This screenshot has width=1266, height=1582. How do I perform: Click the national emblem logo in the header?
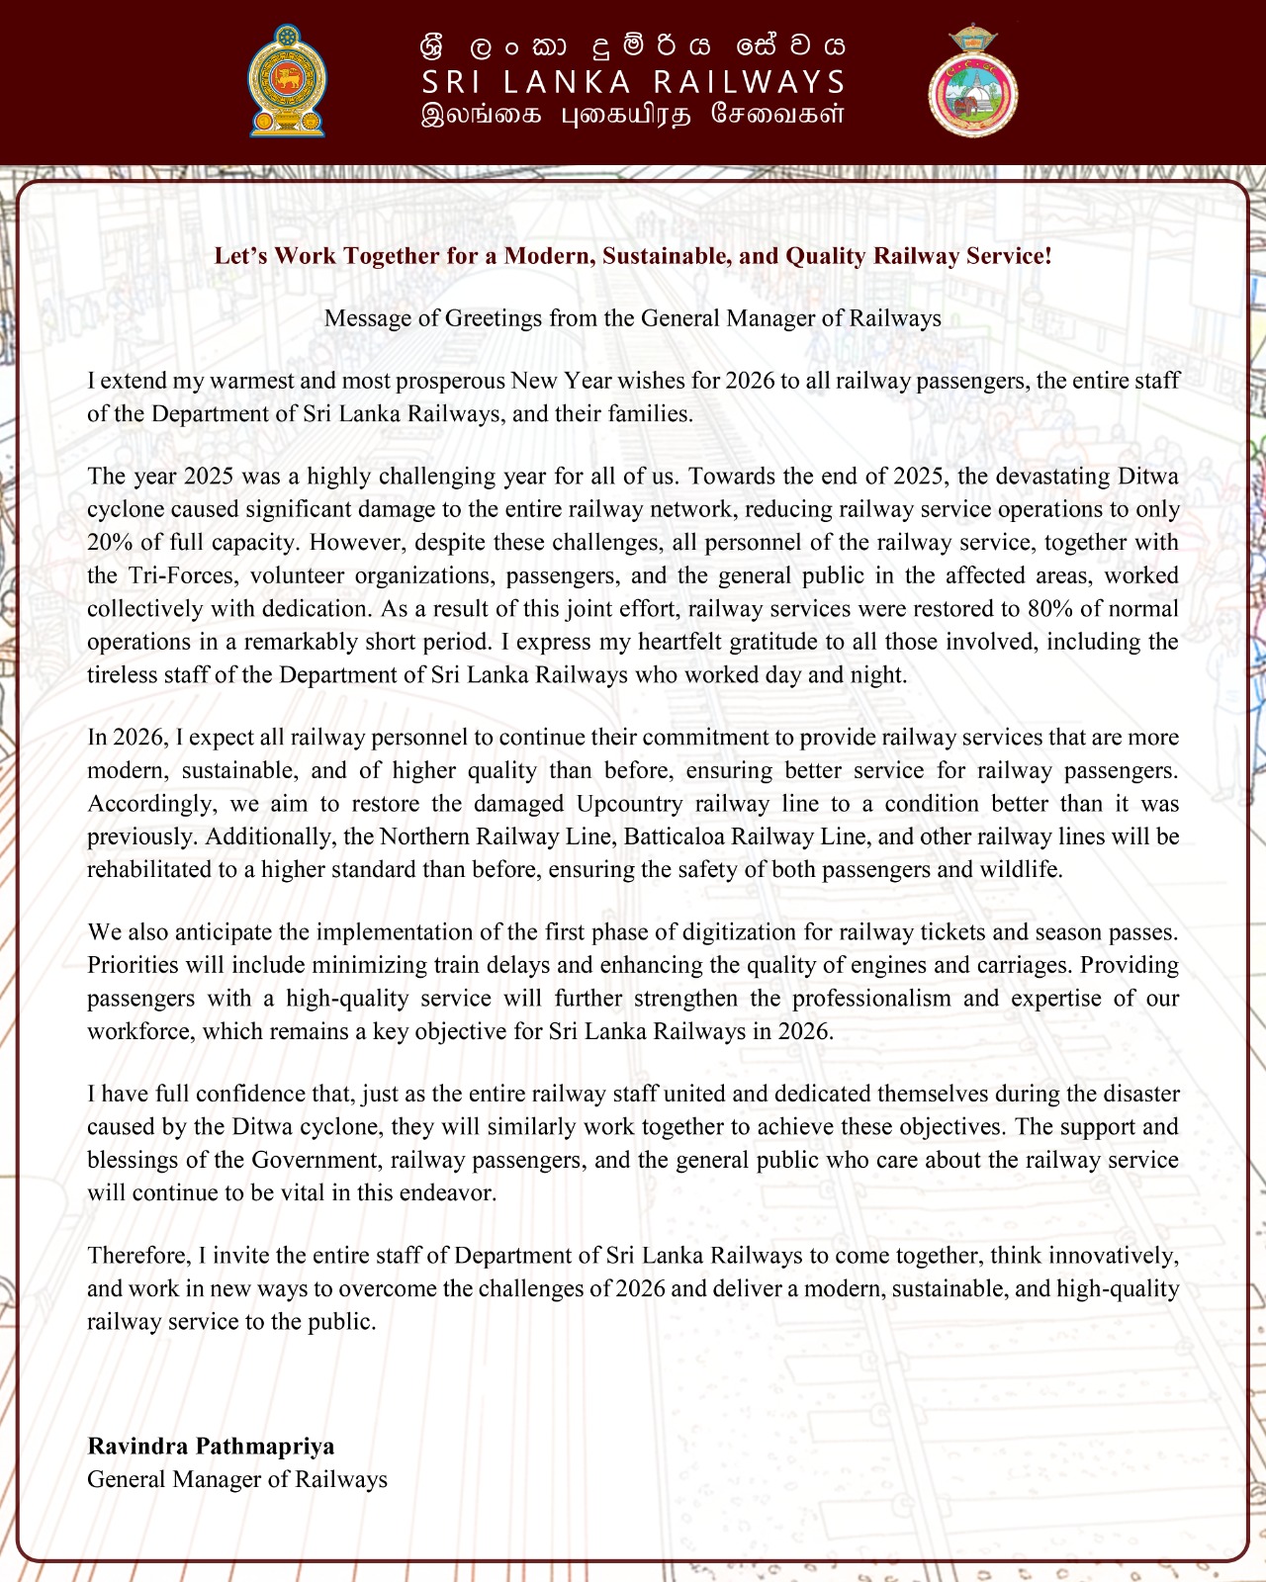pyautogui.click(x=287, y=81)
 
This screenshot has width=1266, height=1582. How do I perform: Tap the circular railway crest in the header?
pyautogui.click(x=973, y=82)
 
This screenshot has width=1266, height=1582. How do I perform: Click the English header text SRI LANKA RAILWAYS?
pyautogui.click(x=633, y=81)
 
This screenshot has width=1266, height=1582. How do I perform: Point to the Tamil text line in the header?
pyautogui.click(x=633, y=115)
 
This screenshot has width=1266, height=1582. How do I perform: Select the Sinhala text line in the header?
pyautogui.click(x=633, y=46)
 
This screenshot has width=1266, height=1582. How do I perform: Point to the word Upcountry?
pyautogui.click(x=630, y=804)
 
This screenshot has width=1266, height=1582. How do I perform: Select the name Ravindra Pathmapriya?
pyautogui.click(x=211, y=1447)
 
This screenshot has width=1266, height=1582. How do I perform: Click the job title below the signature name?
pyautogui.click(x=237, y=1480)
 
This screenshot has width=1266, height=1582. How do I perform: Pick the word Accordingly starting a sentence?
pyautogui.click(x=146, y=804)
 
